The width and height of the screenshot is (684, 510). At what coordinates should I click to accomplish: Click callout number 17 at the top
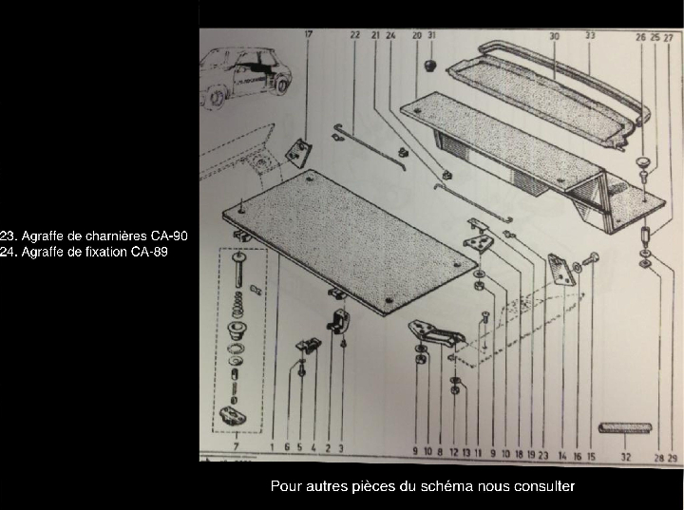pos(309,34)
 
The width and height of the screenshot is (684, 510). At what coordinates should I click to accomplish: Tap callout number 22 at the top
pos(355,34)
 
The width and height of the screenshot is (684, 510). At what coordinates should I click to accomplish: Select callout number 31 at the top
pos(431,35)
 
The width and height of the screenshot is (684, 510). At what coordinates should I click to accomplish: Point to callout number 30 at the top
pos(554,36)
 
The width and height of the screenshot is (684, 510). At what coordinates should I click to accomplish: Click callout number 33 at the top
pos(590,35)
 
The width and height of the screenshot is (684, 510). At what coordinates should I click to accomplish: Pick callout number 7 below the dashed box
pos(236,446)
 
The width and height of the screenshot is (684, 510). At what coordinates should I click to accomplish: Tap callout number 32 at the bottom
pos(626,457)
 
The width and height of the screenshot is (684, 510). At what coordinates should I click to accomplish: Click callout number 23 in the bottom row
pos(543,455)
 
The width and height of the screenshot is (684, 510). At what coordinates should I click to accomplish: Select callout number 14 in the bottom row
pos(562,456)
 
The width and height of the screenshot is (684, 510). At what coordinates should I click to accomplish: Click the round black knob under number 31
pos(430,66)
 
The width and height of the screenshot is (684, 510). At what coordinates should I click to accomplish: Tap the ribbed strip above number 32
pos(625,427)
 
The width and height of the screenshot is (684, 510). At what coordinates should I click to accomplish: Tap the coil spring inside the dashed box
pos(237,305)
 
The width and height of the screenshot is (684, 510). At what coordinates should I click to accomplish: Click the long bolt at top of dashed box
pos(237,271)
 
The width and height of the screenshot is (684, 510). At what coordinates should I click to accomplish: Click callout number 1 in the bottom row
pos(272,446)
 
